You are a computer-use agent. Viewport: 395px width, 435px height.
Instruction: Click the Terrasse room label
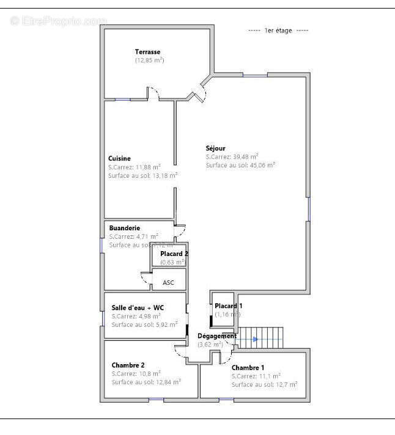tap(147, 52)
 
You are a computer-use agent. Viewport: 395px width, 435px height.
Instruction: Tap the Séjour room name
tap(215, 148)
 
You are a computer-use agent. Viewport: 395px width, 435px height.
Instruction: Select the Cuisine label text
tap(119, 158)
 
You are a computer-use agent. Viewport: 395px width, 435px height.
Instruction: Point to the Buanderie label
tap(124, 228)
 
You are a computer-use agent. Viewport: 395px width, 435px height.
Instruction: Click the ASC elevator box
tap(168, 282)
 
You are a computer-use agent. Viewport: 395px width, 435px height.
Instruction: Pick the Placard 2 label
tap(174, 254)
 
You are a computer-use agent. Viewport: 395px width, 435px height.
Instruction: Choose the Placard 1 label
tap(228, 305)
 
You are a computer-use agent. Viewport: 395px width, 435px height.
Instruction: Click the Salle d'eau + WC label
tap(138, 307)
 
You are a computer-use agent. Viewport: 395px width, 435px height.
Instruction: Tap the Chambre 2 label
tap(128, 365)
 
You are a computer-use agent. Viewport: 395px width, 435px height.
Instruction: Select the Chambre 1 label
tap(248, 367)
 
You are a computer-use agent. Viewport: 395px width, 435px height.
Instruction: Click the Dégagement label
tap(216, 336)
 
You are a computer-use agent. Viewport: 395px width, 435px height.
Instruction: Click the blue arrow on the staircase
tap(255, 338)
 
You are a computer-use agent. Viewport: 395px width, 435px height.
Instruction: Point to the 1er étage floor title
tap(278, 31)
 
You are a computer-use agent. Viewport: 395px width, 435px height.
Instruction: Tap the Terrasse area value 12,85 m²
tap(149, 60)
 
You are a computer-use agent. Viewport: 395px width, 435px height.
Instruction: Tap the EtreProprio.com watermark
tap(58, 21)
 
